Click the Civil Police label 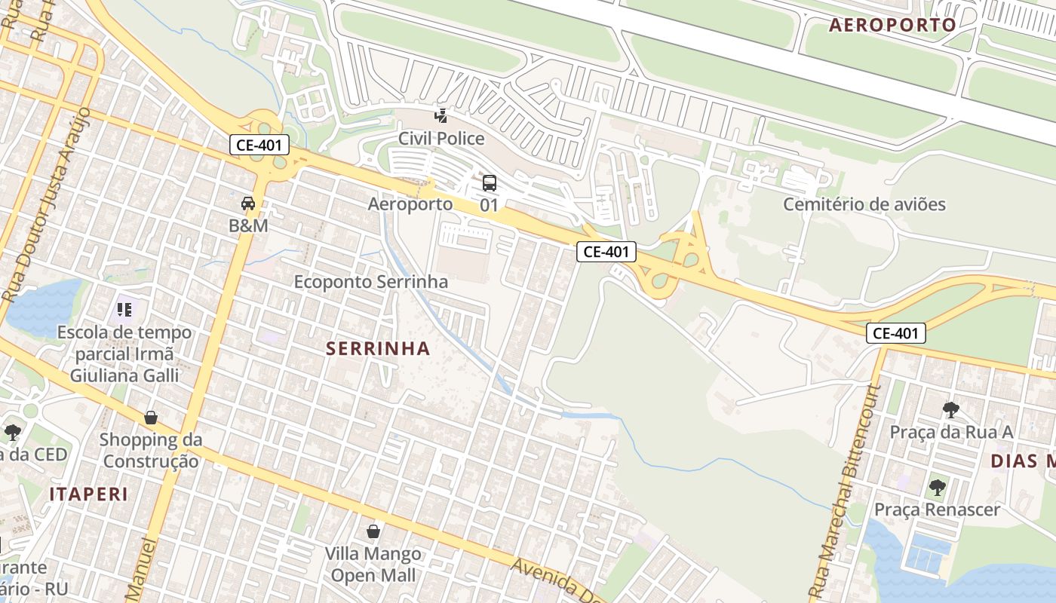(x=441, y=139)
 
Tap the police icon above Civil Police (x=441, y=115)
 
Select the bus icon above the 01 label (x=490, y=183)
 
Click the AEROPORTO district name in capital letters (x=892, y=25)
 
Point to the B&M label (x=248, y=225)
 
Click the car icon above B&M (x=248, y=204)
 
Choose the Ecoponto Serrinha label (x=371, y=282)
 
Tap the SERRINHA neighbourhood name (x=379, y=348)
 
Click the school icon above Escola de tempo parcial (x=124, y=309)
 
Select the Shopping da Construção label (x=151, y=450)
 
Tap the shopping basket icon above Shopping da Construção (x=151, y=418)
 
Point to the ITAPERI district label (x=89, y=494)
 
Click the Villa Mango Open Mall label (x=373, y=565)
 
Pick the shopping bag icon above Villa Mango (x=373, y=532)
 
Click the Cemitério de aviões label (x=864, y=204)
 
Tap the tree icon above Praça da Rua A (x=951, y=410)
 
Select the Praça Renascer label (x=937, y=510)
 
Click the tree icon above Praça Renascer (x=937, y=487)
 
